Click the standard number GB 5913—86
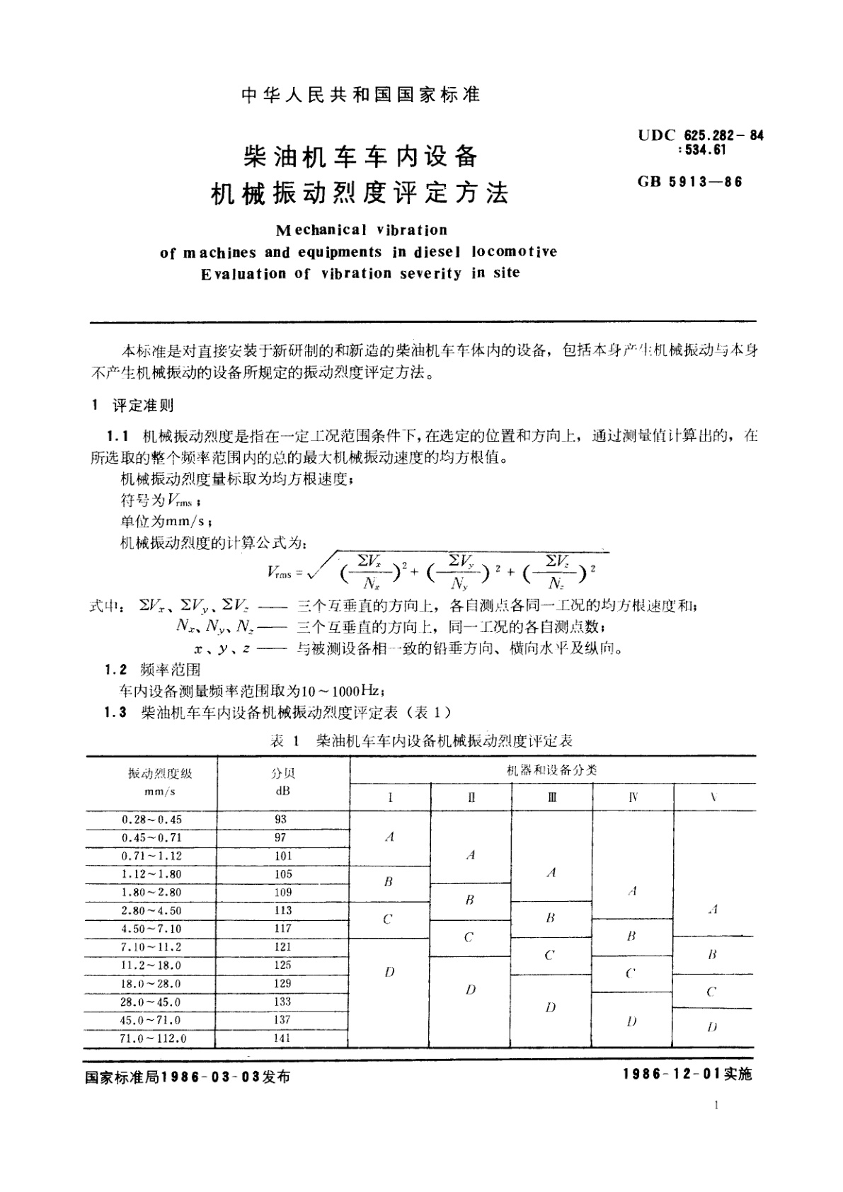(690, 181)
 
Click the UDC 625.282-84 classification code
(701, 134)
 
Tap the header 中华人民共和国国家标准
(361, 95)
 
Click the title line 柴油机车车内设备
(361, 156)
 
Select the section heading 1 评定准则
(134, 405)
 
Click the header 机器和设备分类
(552, 769)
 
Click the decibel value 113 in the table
(282, 910)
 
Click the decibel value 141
(282, 1038)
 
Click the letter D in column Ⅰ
(389, 972)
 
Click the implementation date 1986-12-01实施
(687, 1074)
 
